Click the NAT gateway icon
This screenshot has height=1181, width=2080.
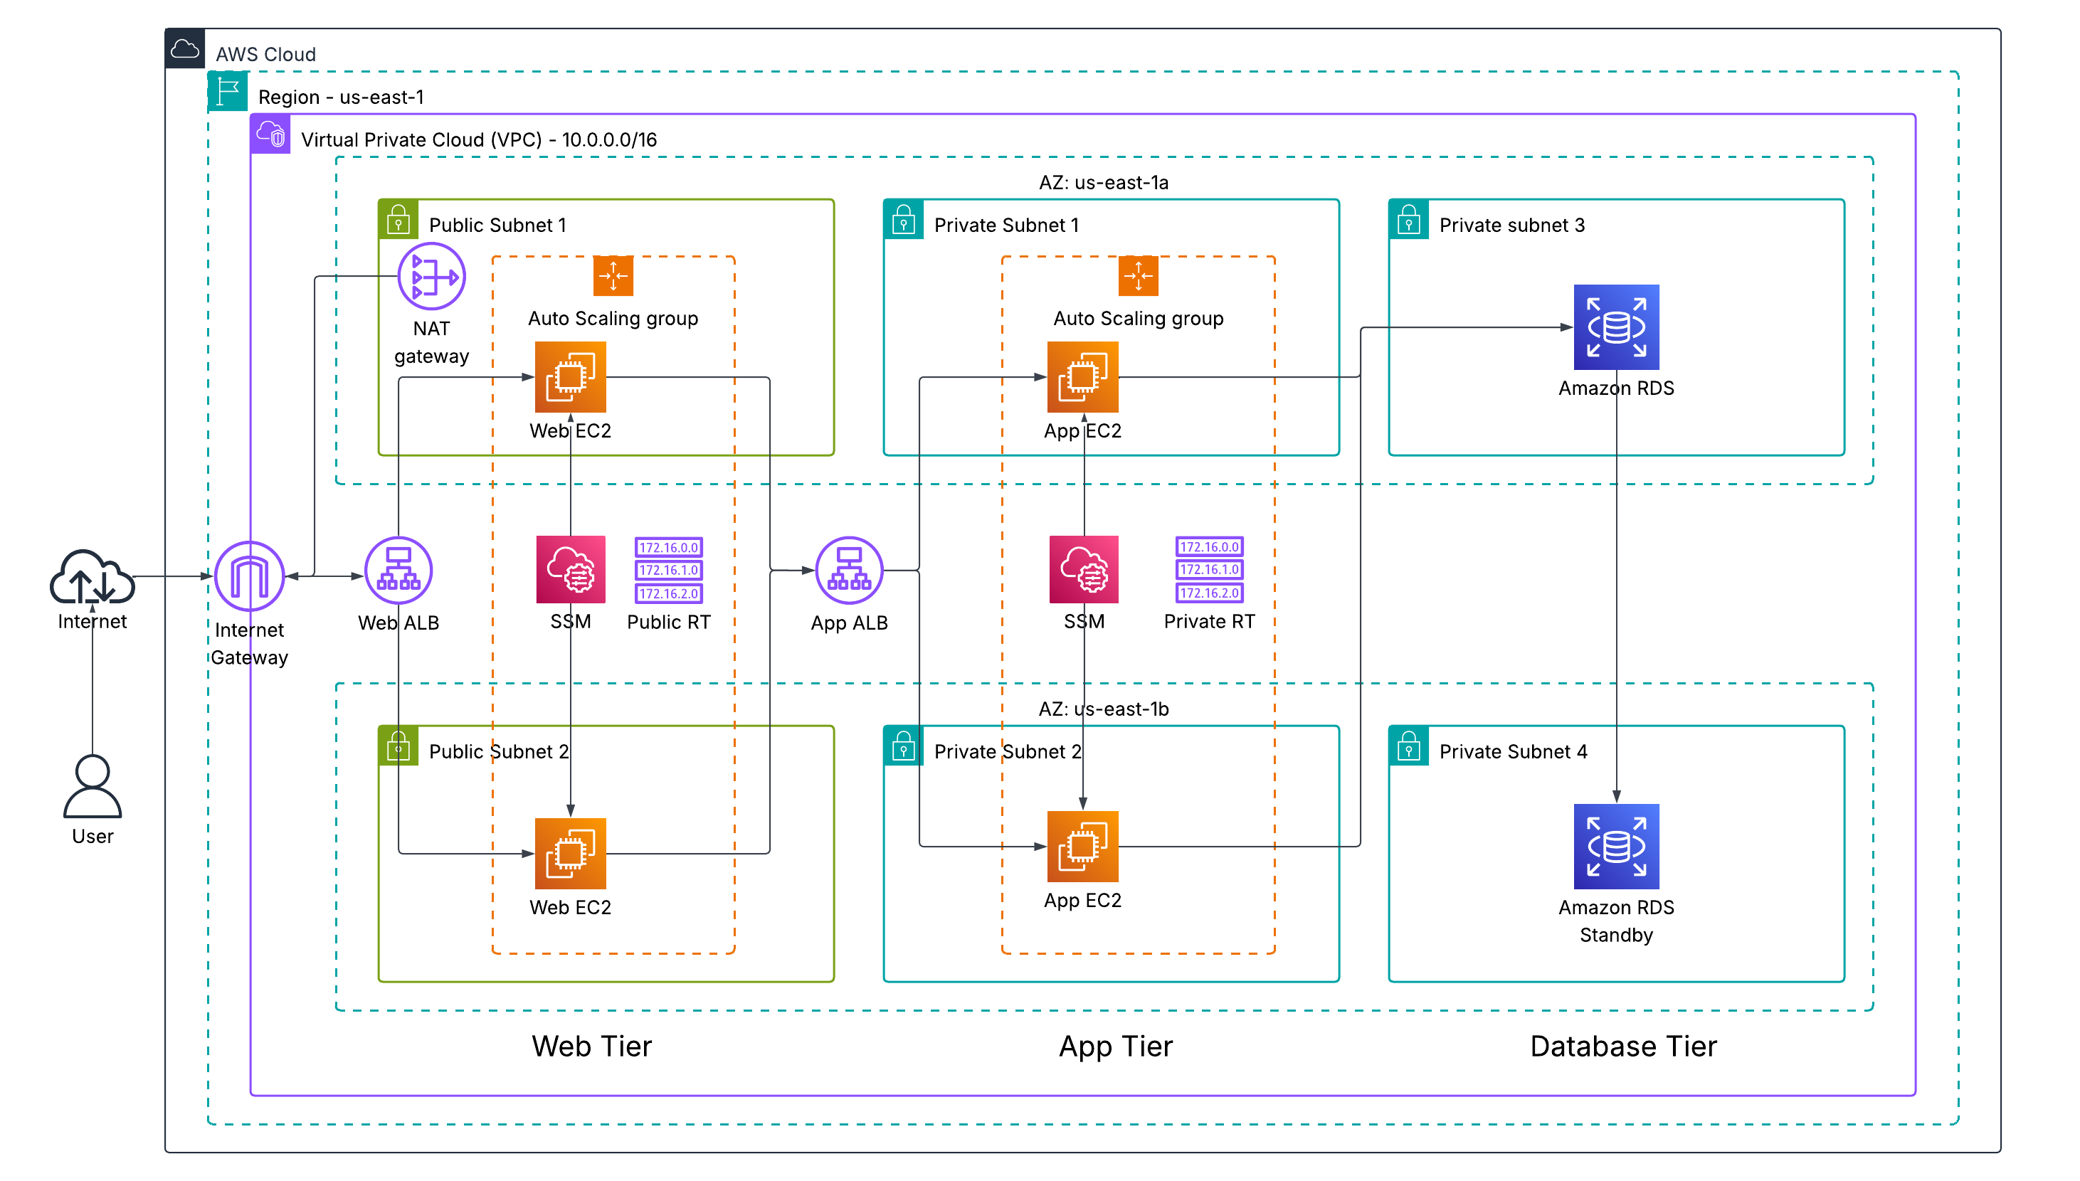431,277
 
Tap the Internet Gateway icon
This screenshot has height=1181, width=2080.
249,576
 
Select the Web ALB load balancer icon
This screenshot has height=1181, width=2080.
398,570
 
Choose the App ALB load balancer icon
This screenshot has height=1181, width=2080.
848,570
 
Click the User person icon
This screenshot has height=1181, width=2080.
93,786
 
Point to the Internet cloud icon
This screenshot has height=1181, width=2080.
92,578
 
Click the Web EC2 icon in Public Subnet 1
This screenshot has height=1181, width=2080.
570,377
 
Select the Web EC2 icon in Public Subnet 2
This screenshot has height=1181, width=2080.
570,853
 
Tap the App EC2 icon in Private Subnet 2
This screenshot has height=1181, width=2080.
1082,846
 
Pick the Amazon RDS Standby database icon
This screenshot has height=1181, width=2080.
1615,846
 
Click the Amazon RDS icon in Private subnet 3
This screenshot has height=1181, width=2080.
1615,327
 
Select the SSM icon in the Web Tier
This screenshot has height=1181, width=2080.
570,569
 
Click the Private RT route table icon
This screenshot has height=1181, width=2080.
1209,569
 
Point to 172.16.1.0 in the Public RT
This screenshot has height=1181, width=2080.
668,570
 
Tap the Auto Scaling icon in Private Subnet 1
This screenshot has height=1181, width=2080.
1137,277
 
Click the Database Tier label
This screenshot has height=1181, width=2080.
1622,1047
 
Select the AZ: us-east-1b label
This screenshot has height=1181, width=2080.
1103,709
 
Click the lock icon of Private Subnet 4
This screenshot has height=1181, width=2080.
1408,746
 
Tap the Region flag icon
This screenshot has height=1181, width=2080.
228,92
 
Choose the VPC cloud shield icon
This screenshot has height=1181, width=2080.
270,134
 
